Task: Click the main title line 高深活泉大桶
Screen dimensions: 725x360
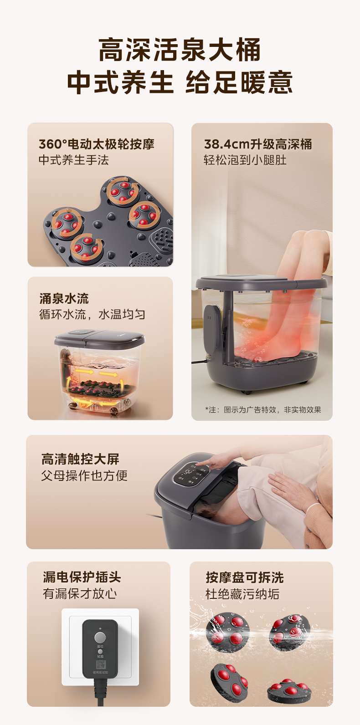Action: tap(180, 50)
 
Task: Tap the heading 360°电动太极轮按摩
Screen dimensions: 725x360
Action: tap(97, 144)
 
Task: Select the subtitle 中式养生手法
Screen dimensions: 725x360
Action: tap(73, 160)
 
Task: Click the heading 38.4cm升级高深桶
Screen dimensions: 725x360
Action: tap(258, 144)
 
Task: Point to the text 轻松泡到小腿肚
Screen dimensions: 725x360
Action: tap(245, 160)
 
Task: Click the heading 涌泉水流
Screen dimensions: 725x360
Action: tap(64, 299)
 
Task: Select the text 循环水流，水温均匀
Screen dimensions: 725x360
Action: tap(92, 315)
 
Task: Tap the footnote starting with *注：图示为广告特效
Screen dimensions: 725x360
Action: tap(263, 410)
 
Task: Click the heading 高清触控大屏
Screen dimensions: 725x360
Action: tap(80, 459)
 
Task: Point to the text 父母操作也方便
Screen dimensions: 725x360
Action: tap(84, 476)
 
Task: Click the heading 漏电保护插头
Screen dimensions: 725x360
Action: tap(82, 577)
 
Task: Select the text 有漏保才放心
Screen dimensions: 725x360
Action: tap(80, 594)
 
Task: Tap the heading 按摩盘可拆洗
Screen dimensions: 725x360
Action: tap(245, 578)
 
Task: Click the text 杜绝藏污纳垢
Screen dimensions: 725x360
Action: tap(242, 594)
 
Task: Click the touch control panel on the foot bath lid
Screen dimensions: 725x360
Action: tap(190, 475)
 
